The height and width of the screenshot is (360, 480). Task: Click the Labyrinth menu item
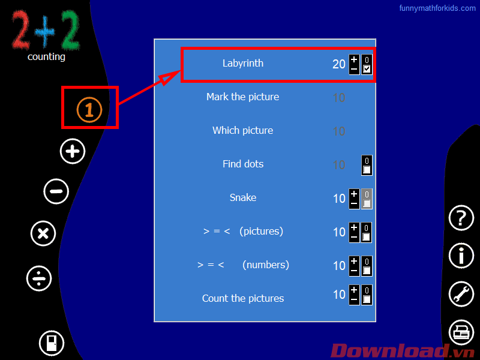pos(243,63)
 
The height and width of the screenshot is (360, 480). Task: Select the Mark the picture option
pos(243,97)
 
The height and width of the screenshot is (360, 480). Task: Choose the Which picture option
pos(243,130)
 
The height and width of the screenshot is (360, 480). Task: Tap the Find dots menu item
pos(243,164)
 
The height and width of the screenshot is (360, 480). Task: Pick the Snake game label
pos(243,197)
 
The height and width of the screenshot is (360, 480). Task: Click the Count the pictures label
pos(243,298)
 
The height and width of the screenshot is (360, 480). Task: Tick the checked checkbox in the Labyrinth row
pos(367,69)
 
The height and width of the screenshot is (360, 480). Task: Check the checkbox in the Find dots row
pos(367,170)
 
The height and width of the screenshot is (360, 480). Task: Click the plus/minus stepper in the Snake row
pos(354,199)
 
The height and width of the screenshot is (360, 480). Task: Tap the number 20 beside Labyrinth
pos(339,64)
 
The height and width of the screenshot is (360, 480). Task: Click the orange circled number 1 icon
pos(89,109)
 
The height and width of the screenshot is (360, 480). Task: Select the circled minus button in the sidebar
pos(56,191)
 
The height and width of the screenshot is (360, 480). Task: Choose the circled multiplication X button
pos(43,233)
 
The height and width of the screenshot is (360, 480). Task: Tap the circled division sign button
pos(39,278)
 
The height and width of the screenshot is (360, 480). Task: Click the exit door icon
pos(52,343)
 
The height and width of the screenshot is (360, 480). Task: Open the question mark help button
pos(461,218)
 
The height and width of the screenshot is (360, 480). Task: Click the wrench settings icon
pos(461,294)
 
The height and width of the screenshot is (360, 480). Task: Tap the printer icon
pos(461,332)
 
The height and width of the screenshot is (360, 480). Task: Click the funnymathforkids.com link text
pos(437,8)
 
